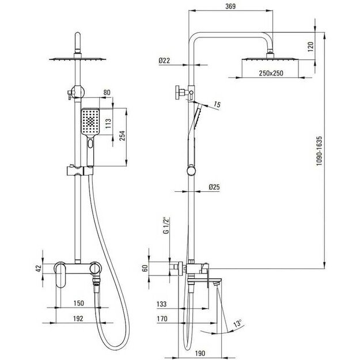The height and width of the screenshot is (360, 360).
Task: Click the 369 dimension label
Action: click(x=230, y=6)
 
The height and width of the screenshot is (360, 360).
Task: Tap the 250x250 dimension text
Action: click(x=271, y=73)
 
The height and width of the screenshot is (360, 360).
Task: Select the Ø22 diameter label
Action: click(x=164, y=60)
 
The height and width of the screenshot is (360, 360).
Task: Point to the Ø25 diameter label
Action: click(x=214, y=187)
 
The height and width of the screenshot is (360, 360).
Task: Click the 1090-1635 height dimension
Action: click(x=319, y=151)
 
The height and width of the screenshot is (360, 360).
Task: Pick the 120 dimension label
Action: click(x=310, y=47)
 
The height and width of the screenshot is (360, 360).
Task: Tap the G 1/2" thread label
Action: click(x=166, y=225)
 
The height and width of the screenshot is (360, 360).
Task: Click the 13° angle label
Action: click(x=238, y=323)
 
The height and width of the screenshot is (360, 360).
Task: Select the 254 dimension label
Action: click(x=122, y=135)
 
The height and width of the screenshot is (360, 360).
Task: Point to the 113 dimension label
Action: click(x=108, y=123)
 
